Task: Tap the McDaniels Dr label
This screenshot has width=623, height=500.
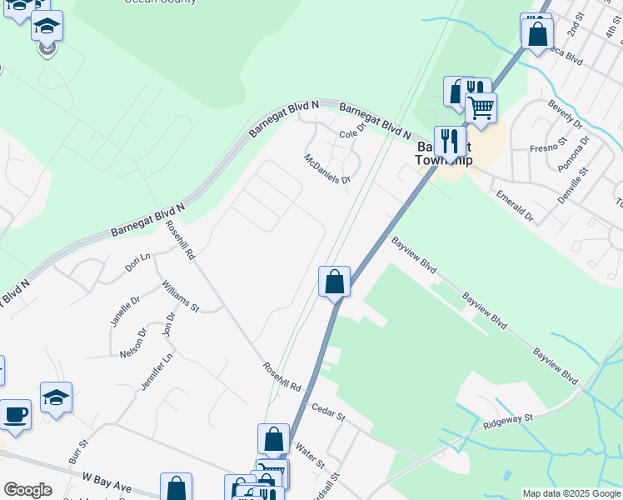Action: point(327,168)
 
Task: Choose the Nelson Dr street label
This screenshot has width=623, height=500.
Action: point(133,342)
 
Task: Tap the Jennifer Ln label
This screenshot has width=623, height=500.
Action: point(157,371)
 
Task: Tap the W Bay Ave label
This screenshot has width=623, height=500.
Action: point(108,482)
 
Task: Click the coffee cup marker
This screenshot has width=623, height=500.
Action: point(16,414)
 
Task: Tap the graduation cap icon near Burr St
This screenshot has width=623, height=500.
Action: point(57,397)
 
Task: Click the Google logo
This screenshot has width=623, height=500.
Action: point(27,490)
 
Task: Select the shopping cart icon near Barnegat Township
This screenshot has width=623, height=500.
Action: point(481,107)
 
